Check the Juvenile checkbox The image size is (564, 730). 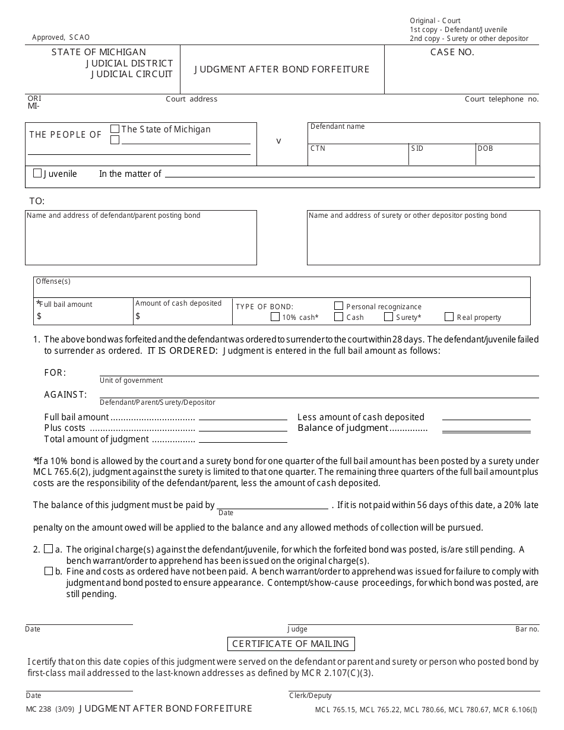[38, 173]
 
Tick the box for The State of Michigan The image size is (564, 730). [115, 129]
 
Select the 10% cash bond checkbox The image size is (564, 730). [275, 317]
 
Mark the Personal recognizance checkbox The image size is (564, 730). [338, 306]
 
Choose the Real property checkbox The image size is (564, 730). [449, 317]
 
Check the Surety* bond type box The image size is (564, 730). [388, 317]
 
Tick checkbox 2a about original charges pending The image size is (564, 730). [49, 549]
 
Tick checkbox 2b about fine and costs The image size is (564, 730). [49, 571]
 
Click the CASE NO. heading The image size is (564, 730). [452, 52]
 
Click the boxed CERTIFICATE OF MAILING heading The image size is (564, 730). [291, 644]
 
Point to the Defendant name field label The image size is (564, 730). [338, 126]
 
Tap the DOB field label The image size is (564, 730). [485, 148]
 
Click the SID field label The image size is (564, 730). [417, 148]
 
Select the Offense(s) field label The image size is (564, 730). [53, 281]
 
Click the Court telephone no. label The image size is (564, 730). [502, 99]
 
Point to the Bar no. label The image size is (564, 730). [527, 629]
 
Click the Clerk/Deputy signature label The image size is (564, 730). [310, 696]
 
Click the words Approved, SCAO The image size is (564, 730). [61, 37]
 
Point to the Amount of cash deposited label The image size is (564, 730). [178, 303]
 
